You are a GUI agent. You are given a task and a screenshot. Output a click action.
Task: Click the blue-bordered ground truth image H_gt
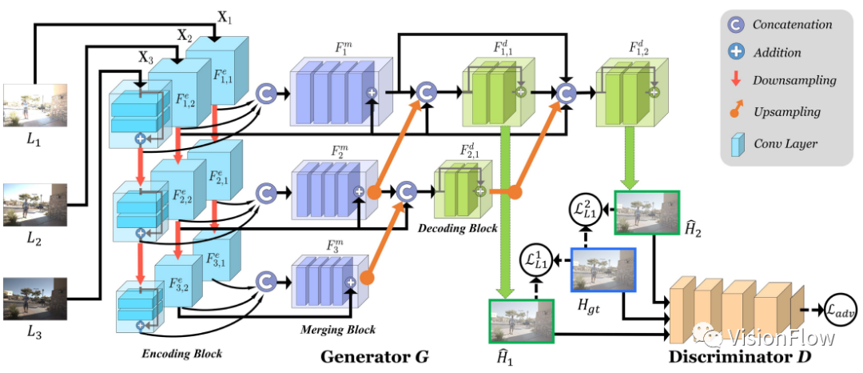(x=604, y=270)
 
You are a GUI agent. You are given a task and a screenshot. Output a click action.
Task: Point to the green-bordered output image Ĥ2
(x=646, y=213)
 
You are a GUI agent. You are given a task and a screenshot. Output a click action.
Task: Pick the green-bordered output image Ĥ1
(x=521, y=321)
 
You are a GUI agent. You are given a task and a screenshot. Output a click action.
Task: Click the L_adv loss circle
(x=840, y=311)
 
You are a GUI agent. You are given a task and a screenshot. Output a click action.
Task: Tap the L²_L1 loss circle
(x=583, y=210)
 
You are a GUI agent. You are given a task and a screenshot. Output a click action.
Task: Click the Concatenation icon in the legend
(x=736, y=24)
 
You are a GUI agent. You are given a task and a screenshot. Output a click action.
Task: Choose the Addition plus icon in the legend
(x=736, y=52)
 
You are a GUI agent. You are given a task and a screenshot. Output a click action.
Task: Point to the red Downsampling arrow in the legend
(x=736, y=80)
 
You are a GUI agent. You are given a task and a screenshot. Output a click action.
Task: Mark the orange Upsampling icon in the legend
(x=736, y=110)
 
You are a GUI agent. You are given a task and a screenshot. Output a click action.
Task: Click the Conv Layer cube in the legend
(x=736, y=143)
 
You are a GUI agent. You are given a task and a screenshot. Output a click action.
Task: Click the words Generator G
(x=374, y=357)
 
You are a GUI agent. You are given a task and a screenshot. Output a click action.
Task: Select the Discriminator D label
(x=740, y=357)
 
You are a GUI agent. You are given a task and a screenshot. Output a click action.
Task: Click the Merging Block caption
(x=338, y=330)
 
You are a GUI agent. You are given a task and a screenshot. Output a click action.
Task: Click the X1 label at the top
(x=225, y=17)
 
